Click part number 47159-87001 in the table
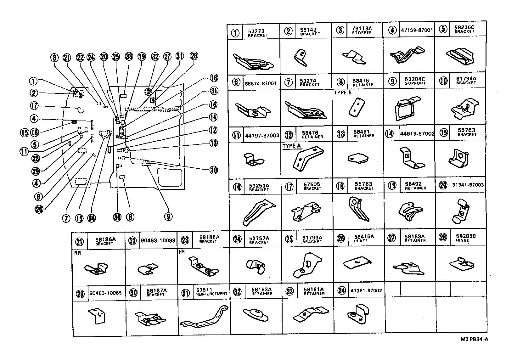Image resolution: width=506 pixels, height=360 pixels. click(417, 31)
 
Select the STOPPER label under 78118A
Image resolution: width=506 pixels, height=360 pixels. click(362, 33)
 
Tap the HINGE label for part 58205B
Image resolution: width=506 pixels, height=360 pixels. click(462, 240)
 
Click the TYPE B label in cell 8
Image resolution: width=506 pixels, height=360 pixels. click(343, 93)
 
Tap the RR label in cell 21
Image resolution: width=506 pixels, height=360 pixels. click(77, 253)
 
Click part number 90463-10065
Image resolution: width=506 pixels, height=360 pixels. click(105, 293)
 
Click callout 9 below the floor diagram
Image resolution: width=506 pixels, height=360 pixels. click(168, 217)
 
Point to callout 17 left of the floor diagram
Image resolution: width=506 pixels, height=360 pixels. click(35, 106)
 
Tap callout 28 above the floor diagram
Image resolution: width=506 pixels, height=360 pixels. click(194, 56)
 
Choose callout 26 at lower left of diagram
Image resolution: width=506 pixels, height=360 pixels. click(39, 209)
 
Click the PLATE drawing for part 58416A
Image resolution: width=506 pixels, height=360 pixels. click(357, 264)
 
